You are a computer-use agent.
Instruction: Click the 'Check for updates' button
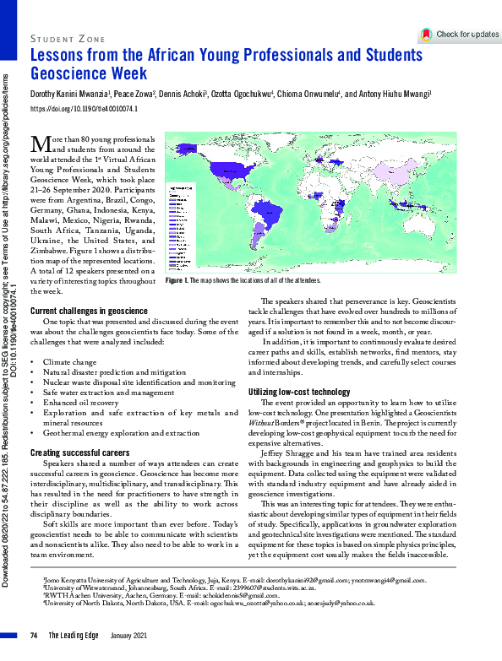tap(460, 35)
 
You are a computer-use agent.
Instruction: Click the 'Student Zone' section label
tap(68, 38)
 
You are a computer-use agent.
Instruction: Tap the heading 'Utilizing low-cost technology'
tap(298, 392)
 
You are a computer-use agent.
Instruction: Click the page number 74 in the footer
tap(34, 635)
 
